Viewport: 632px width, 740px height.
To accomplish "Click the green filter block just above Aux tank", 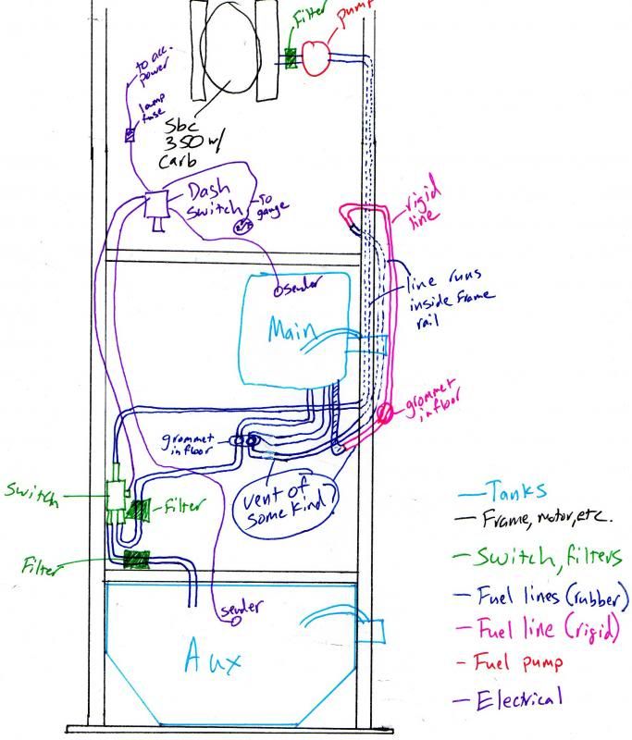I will point(136,559).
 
